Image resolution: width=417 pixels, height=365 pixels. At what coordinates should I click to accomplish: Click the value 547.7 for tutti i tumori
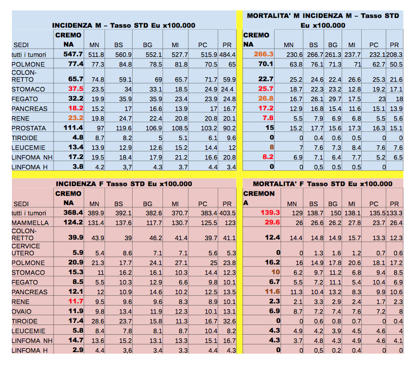click(72, 55)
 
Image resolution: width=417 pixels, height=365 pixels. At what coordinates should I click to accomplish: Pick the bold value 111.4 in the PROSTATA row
click(72, 128)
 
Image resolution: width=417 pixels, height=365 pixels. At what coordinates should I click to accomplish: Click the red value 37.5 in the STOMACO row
click(75, 89)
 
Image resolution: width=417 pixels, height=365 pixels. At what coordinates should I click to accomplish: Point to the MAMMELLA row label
click(30, 223)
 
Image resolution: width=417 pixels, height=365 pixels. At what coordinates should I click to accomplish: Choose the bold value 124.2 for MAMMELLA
click(72, 223)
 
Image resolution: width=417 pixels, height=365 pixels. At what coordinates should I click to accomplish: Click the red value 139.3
click(270, 213)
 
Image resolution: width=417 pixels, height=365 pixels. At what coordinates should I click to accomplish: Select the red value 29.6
click(272, 223)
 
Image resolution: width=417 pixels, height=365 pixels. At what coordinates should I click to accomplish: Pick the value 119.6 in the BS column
click(123, 128)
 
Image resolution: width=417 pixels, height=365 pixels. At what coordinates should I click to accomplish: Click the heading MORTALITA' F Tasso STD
click(322, 184)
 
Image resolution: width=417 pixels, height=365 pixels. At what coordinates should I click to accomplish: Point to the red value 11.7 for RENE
click(75, 302)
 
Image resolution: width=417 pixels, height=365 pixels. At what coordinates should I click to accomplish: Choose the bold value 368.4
click(72, 213)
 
